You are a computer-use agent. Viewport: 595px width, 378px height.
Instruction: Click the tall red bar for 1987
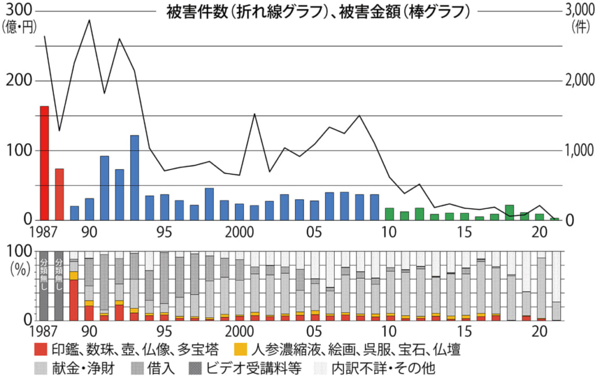pos(44,163)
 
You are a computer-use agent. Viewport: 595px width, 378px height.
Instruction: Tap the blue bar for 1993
pos(134,178)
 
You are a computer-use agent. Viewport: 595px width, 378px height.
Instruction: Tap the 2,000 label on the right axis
pos(576,80)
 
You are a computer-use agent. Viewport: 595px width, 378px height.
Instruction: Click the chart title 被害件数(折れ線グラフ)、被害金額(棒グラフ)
pos(317,11)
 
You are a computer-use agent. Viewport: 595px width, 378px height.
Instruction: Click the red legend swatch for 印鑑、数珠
pos(40,350)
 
